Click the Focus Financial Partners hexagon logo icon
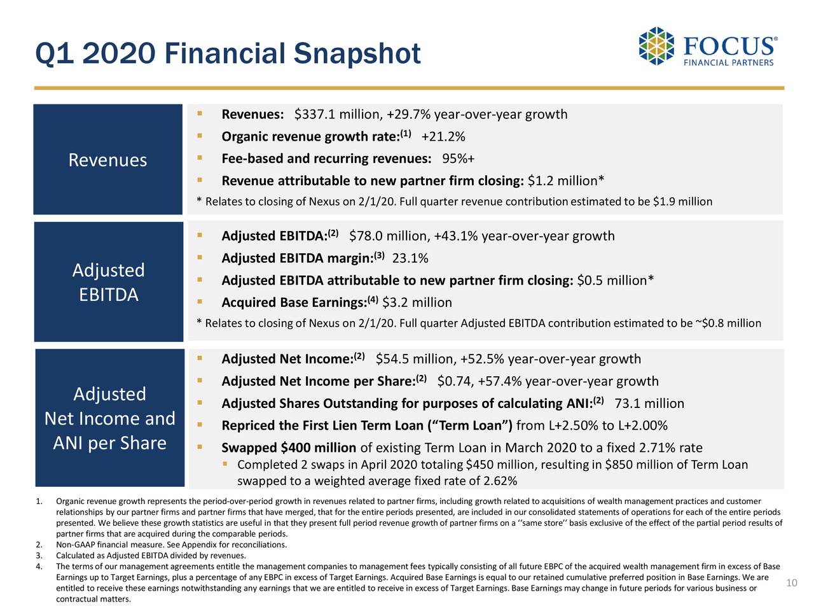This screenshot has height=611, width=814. pyautogui.click(x=656, y=46)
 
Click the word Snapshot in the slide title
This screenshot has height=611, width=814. pyautogui.click(x=357, y=54)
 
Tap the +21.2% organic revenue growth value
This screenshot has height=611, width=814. pyautogui.click(x=443, y=137)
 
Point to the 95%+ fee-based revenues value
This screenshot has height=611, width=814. pyautogui.click(x=459, y=159)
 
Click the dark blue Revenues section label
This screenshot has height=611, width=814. pyautogui.click(x=107, y=160)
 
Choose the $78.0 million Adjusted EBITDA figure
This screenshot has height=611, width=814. pyautogui.click(x=389, y=237)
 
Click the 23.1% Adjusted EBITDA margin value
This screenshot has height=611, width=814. pyautogui.click(x=410, y=258)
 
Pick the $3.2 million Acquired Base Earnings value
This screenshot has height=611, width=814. pyautogui.click(x=417, y=303)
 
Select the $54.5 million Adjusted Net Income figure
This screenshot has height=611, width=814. pyautogui.click(x=416, y=360)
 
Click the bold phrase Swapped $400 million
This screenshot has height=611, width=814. pyautogui.click(x=288, y=448)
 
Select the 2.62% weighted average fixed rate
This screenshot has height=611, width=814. pyautogui.click(x=500, y=481)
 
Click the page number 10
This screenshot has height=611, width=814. pyautogui.click(x=792, y=584)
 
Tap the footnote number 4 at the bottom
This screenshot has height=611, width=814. pyautogui.click(x=39, y=567)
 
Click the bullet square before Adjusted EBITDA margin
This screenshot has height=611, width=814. pyautogui.click(x=200, y=256)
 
